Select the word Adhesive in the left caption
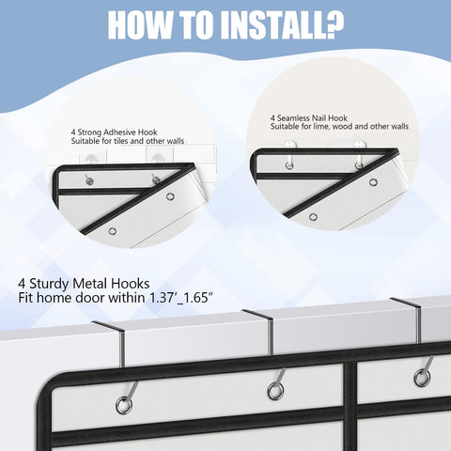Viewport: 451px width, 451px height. tap(120, 132)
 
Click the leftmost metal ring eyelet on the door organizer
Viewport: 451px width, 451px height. tap(124, 405)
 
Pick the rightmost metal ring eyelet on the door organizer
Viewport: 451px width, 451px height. tap(422, 378)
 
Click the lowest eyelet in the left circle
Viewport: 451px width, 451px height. tap(113, 231)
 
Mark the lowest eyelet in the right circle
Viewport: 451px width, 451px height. tap(313, 217)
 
